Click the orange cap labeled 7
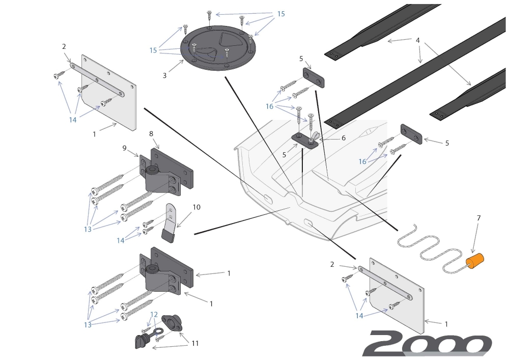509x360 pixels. pos(476,262)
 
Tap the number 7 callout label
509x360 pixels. pos(479,218)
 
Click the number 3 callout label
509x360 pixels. pos(164,75)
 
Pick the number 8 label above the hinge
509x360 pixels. pos(151,133)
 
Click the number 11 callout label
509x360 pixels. pos(195,343)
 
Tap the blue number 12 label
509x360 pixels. pos(154,315)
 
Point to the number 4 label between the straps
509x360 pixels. pos(417,40)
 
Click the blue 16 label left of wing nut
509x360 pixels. pos(269,106)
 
